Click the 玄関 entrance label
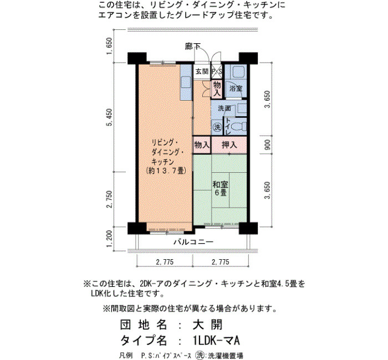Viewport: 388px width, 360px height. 202,71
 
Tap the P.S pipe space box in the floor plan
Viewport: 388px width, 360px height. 217,71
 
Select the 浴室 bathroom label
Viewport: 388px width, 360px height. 236,88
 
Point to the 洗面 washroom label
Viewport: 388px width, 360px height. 224,108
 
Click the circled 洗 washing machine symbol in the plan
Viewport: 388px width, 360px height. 217,127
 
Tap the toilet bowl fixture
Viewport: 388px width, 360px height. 238,127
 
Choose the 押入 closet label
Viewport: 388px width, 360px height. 229,145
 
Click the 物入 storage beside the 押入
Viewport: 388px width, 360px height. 202,145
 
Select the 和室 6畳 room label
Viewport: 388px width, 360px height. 221,188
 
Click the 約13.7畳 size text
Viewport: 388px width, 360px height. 166,171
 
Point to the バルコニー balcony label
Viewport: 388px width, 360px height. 193,241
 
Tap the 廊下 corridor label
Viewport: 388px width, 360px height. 193,47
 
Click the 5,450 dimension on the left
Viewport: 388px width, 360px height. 109,117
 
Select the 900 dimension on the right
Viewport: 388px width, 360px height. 268,145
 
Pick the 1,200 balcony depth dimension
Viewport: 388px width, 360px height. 109,239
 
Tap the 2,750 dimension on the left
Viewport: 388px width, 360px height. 109,199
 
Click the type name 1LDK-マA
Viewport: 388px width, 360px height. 216,341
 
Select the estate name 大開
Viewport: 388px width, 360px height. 208,325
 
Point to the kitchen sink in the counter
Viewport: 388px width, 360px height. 186,83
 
